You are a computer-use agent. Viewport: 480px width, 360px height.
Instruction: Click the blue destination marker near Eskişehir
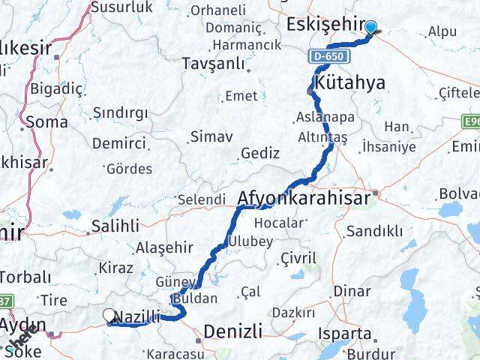click(x=371, y=28)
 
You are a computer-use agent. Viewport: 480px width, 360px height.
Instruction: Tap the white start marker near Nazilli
click(x=109, y=316)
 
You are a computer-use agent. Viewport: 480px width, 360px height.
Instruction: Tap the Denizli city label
click(x=233, y=330)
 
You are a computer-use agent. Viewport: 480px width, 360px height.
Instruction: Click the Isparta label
click(x=344, y=333)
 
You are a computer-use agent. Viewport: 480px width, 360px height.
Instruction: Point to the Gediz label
click(x=256, y=153)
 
